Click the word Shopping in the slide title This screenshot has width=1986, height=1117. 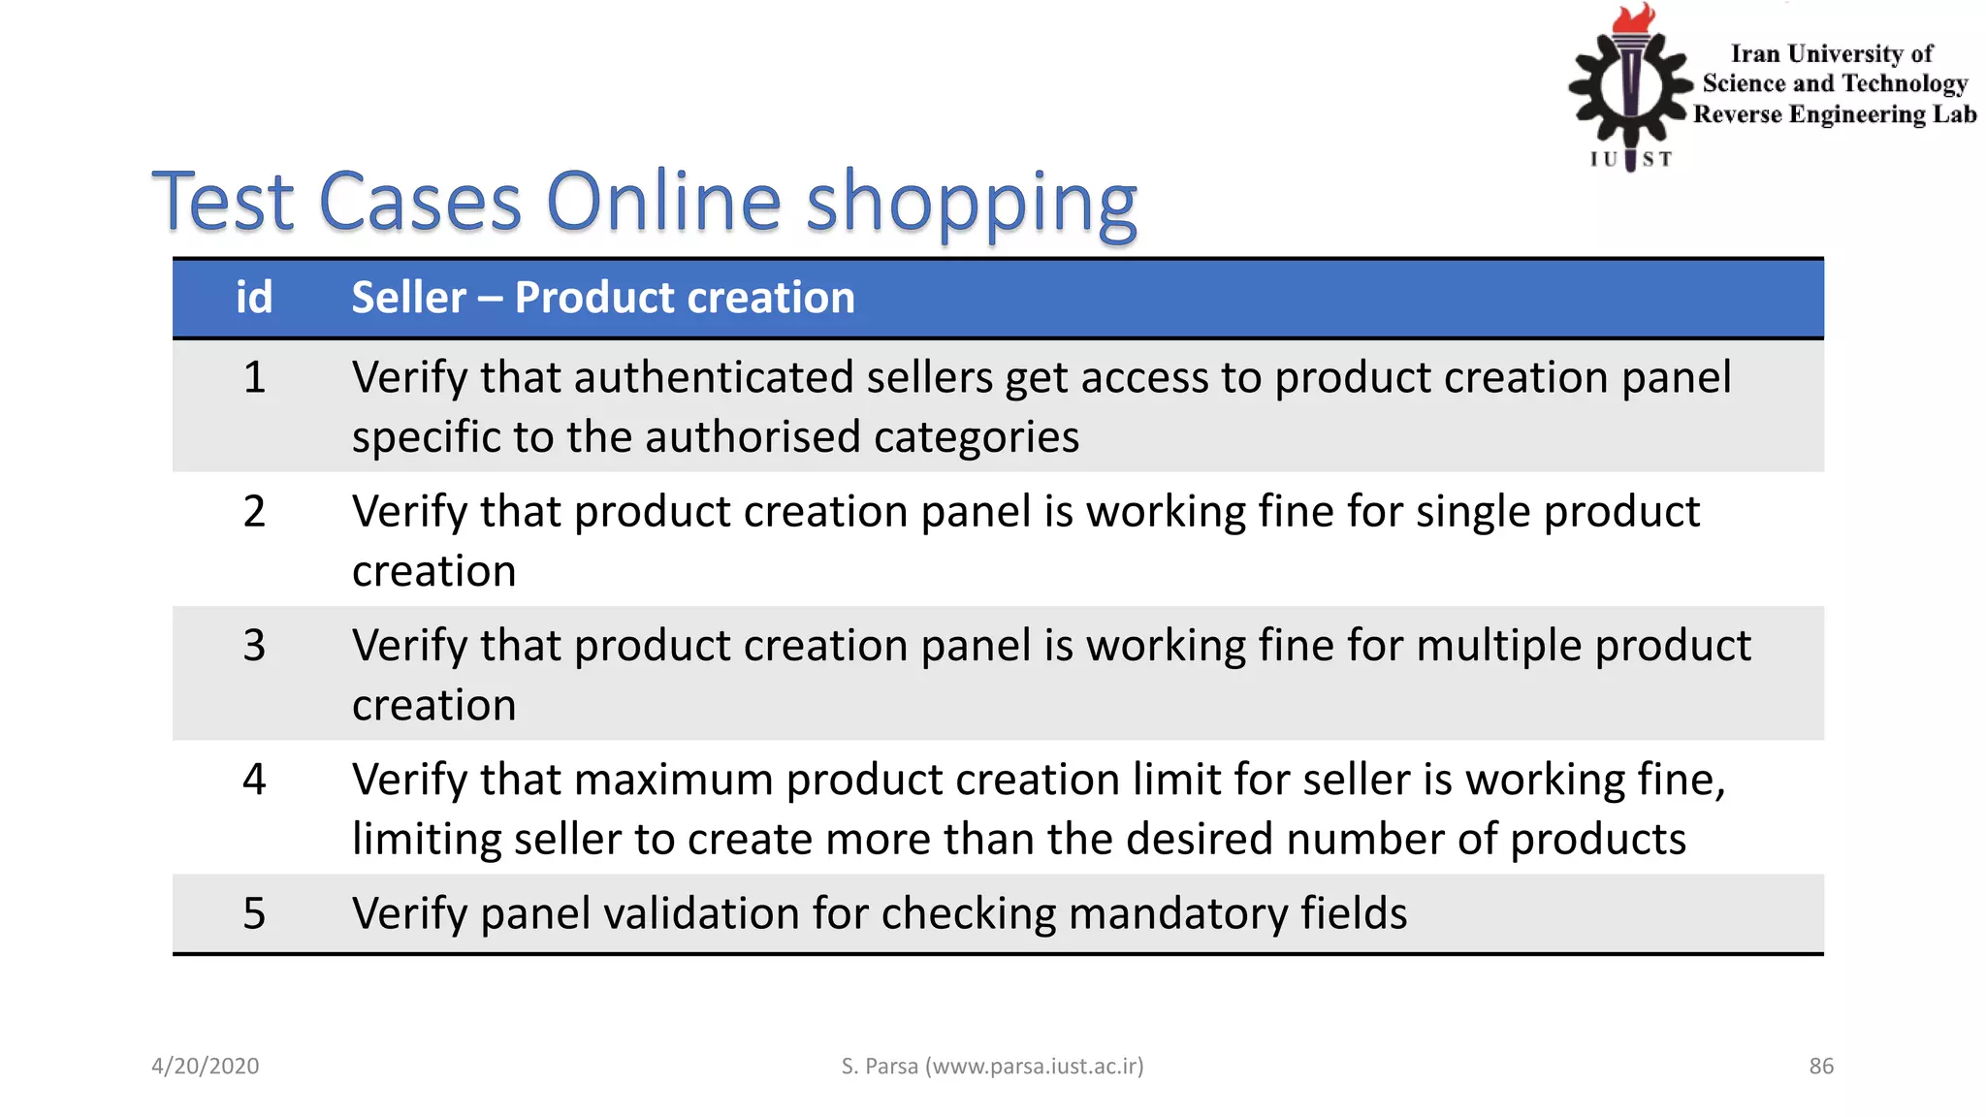tap(971, 204)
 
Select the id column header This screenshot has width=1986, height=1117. tap(254, 298)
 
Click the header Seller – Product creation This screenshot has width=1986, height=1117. tap(602, 298)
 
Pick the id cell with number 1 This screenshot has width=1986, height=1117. tap(254, 377)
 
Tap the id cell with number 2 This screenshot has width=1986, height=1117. tap(254, 511)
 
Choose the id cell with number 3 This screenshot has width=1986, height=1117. tap(254, 645)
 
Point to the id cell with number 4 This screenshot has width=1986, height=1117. tap(254, 779)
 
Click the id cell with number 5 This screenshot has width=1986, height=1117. tap(254, 913)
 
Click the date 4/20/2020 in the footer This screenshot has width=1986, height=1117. tap(206, 1067)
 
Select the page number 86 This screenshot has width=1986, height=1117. tap(1821, 1067)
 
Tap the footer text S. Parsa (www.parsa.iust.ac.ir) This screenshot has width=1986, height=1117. tap(992, 1067)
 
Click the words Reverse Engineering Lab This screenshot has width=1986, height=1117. tap(1834, 114)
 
